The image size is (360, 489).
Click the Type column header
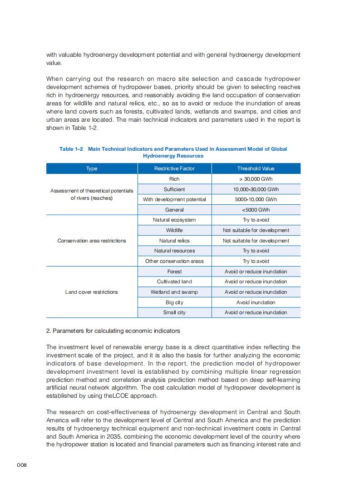(x=92, y=168)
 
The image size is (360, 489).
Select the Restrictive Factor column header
(x=174, y=168)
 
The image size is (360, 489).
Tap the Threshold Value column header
(x=256, y=168)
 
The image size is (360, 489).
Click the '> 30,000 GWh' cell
(x=256, y=179)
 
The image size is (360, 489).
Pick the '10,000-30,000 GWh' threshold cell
(x=256, y=189)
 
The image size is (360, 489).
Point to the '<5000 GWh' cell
(x=256, y=210)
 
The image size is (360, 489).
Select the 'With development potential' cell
(x=174, y=199)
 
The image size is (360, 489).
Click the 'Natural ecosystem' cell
(x=174, y=220)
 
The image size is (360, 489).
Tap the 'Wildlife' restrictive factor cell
(x=174, y=230)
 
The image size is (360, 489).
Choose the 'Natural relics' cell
(x=174, y=241)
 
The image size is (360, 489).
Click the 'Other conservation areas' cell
(x=174, y=261)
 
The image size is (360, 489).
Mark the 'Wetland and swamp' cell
(x=174, y=292)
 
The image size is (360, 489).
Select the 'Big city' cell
(x=174, y=302)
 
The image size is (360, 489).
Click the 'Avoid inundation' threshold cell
(x=256, y=302)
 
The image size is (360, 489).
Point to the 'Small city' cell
(x=174, y=312)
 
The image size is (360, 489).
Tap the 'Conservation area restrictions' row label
(x=92, y=241)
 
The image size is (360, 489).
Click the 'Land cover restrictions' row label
(x=92, y=292)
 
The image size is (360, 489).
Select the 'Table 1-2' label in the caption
(x=71, y=149)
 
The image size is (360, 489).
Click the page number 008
(x=22, y=465)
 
